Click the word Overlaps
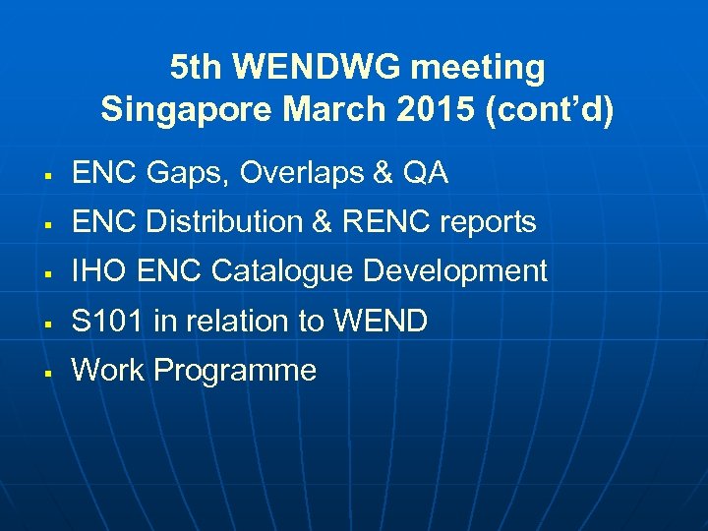pyautogui.click(x=294, y=174)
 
